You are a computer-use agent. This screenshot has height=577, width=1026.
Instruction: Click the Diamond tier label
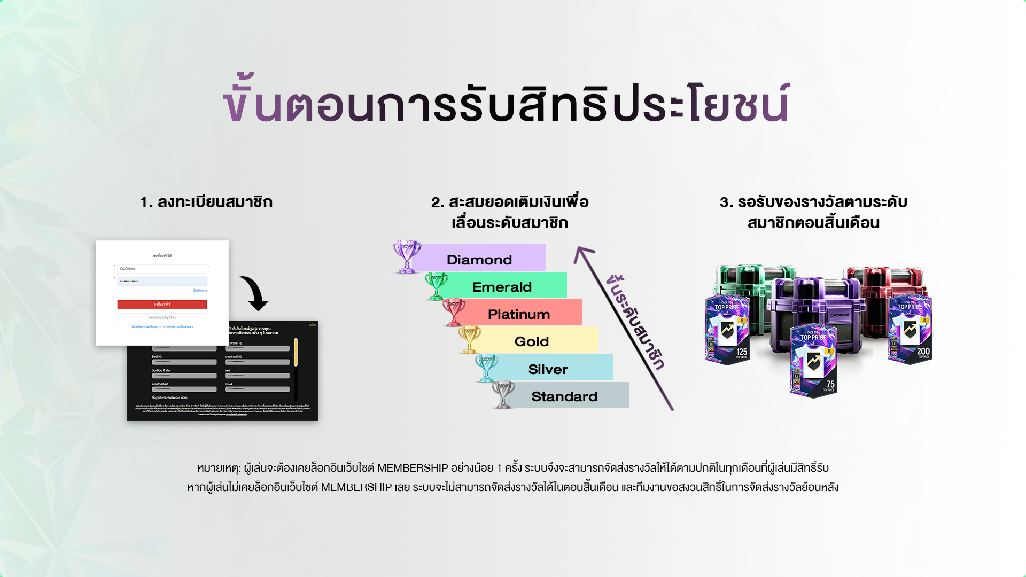click(479, 260)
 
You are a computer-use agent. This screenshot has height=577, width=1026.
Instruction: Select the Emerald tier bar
click(502, 286)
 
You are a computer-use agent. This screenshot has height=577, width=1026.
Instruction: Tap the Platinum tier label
click(518, 314)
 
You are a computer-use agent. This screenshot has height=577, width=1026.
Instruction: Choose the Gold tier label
click(531, 341)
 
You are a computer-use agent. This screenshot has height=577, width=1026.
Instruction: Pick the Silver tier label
click(547, 369)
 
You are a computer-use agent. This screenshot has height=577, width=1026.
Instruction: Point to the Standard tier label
click(564, 396)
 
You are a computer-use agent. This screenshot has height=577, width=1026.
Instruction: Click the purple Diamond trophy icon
click(407, 256)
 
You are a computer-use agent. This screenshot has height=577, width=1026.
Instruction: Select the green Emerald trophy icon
click(437, 285)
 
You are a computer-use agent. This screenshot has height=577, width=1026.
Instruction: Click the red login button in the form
click(162, 304)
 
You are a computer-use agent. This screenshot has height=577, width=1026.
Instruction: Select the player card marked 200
click(910, 329)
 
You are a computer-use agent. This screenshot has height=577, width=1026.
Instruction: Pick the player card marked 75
click(813, 361)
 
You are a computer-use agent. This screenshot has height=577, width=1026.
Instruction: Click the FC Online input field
click(162, 269)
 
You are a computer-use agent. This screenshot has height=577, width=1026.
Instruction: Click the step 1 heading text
click(206, 202)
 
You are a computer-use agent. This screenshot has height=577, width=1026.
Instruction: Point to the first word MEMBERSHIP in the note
click(413, 468)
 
